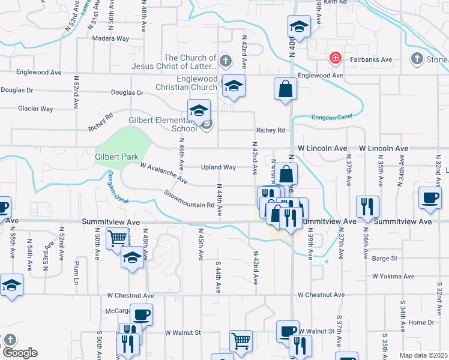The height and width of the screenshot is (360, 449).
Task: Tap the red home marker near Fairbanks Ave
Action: (x=335, y=58)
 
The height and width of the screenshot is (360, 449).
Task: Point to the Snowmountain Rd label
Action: (x=189, y=199)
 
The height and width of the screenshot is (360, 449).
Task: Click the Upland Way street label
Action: (x=218, y=167)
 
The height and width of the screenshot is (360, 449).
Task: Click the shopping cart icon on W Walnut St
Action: (x=241, y=340)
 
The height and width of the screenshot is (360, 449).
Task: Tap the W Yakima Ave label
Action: (x=393, y=277)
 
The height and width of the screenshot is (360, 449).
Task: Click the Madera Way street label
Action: (x=111, y=38)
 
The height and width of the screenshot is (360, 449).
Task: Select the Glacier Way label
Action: (x=35, y=109)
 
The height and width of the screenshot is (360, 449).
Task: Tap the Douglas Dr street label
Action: (x=127, y=93)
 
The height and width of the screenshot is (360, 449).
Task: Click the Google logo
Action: (x=20, y=353)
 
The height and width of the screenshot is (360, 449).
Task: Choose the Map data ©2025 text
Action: (x=423, y=355)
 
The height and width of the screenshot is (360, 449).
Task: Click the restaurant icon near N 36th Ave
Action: (x=366, y=206)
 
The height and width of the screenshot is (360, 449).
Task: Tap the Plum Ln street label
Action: (x=76, y=266)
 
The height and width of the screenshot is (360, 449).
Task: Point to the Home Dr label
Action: (x=421, y=322)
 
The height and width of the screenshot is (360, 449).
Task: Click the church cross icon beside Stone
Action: (x=417, y=58)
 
